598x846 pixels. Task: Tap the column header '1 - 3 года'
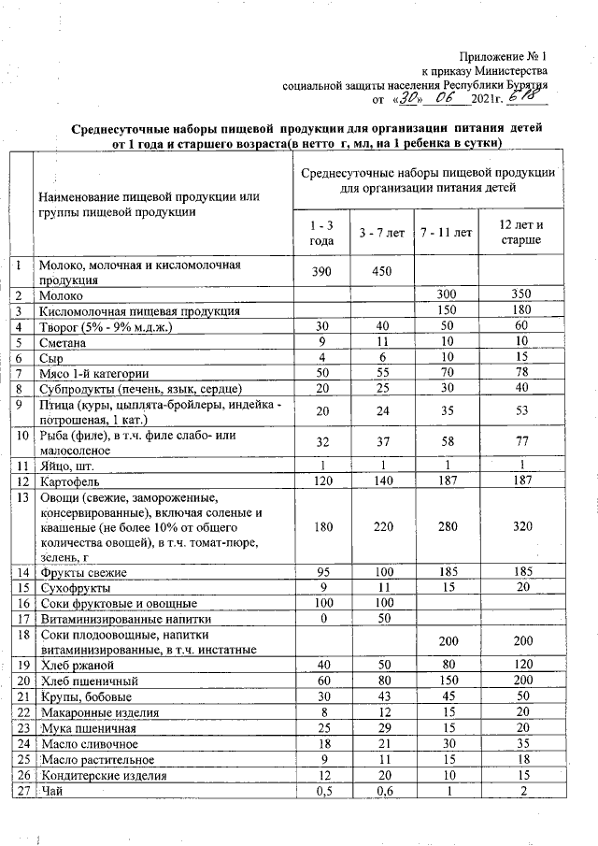tap(320, 234)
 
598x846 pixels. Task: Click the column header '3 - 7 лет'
tap(382, 234)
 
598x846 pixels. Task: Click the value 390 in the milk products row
tap(320, 271)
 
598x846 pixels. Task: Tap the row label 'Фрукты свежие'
tap(82, 571)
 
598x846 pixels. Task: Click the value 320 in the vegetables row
tap(522, 525)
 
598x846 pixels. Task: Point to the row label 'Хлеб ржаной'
tap(76, 664)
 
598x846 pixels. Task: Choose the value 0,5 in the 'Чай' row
tap(320, 792)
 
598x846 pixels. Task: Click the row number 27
tap(20, 792)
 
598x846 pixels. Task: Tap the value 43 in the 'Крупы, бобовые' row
tap(382, 696)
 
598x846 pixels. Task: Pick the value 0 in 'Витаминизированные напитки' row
tap(320, 618)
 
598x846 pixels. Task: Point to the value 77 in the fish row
tap(522, 441)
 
